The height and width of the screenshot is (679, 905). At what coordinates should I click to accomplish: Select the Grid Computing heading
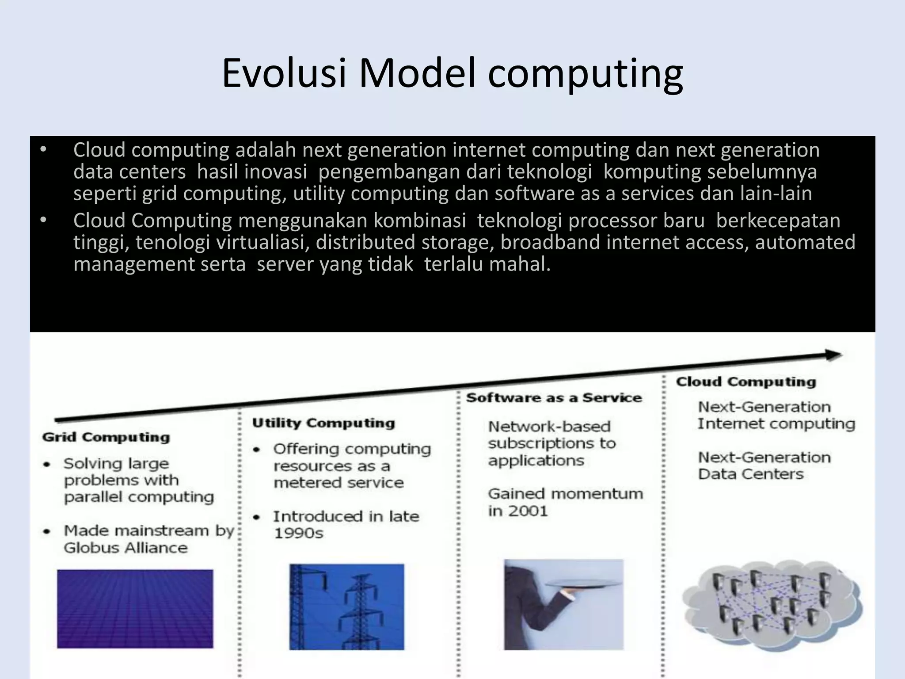coord(106,437)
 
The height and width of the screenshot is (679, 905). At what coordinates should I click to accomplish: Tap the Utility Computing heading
coord(323,423)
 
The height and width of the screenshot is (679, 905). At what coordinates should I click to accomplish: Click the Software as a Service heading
coord(554,398)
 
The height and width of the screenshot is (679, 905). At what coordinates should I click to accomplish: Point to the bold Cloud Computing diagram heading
coord(746,382)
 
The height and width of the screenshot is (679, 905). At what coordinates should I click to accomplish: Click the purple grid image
coord(135,609)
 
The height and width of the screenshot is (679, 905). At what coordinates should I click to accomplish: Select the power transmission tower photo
coord(346,607)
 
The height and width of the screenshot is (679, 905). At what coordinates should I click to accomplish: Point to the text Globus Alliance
coord(125,548)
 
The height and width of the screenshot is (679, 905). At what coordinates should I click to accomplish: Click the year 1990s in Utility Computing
coord(299,533)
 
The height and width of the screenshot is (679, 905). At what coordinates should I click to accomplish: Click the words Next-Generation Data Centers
coord(764,465)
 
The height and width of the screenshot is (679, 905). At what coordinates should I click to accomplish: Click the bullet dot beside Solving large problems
coord(46,464)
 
